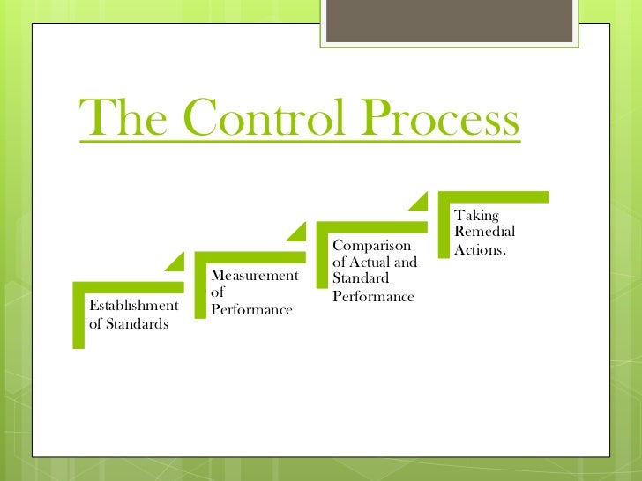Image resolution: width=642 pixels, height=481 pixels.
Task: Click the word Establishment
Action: (x=133, y=306)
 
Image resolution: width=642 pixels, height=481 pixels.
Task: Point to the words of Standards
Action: (x=129, y=323)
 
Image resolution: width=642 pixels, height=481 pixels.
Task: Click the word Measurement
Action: (x=255, y=277)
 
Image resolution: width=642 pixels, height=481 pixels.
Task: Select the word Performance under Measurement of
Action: (x=251, y=310)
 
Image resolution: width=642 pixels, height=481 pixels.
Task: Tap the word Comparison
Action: (x=371, y=245)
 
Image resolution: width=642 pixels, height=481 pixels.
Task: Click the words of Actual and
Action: (x=375, y=262)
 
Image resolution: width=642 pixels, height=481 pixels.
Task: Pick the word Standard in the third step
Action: (x=355, y=278)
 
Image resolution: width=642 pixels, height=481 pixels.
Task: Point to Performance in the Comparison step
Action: (x=373, y=296)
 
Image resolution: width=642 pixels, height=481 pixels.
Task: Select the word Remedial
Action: (x=484, y=232)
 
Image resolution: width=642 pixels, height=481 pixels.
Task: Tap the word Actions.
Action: (x=480, y=249)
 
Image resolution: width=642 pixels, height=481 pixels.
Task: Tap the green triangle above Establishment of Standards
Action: (x=176, y=262)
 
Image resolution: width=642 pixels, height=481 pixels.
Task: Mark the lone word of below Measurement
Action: (x=218, y=293)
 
